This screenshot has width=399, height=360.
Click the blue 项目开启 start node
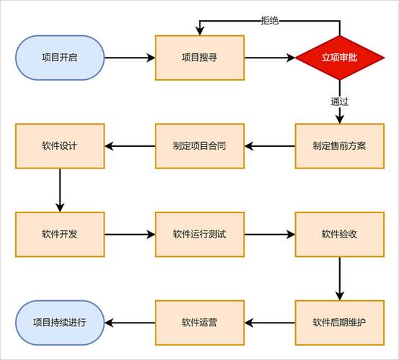(x=60, y=58)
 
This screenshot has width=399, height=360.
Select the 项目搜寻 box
(x=200, y=58)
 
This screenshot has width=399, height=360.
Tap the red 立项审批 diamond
(x=340, y=58)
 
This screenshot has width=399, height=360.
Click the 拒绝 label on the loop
(x=270, y=20)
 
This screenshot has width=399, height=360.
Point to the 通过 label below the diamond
(x=340, y=102)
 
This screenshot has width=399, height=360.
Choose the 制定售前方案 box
(x=340, y=146)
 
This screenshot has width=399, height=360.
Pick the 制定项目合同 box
(x=200, y=146)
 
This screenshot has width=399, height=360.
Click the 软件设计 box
(x=60, y=146)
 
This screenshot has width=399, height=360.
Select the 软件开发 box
(x=60, y=234)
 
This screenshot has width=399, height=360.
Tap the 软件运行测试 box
(x=200, y=234)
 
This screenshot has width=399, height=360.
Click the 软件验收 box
(x=340, y=234)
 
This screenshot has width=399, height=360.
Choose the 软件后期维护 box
(x=340, y=322)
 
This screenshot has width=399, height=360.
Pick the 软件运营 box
(x=200, y=322)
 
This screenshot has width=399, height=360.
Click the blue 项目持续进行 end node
(x=60, y=322)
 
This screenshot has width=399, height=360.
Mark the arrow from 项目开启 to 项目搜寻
(x=130, y=58)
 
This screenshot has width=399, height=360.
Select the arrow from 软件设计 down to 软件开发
(x=60, y=190)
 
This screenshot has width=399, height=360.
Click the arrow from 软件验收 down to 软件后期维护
(x=340, y=278)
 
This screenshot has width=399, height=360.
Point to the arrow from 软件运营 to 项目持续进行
(x=130, y=322)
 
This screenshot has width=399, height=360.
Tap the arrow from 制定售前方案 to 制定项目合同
(x=270, y=146)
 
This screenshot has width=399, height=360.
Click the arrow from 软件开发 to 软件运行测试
(x=130, y=234)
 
